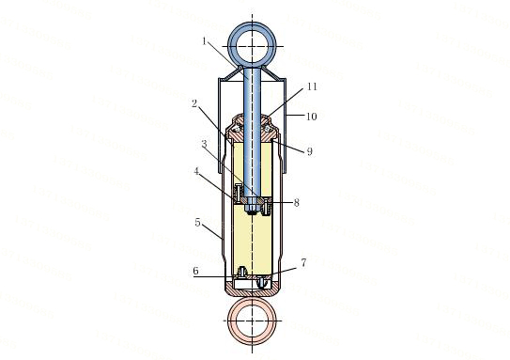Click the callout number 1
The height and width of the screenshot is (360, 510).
click(x=204, y=41)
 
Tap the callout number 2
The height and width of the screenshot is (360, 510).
click(x=194, y=103)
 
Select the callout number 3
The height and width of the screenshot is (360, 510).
click(x=204, y=144)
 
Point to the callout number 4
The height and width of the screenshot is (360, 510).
click(x=196, y=171)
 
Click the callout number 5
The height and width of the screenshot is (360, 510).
click(x=198, y=223)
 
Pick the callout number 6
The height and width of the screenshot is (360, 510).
click(x=195, y=271)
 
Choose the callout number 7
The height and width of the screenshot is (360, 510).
click(x=303, y=262)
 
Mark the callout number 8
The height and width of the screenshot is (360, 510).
click(x=296, y=203)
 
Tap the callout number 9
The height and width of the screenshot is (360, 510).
click(x=310, y=151)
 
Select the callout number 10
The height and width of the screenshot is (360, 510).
click(x=312, y=117)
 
